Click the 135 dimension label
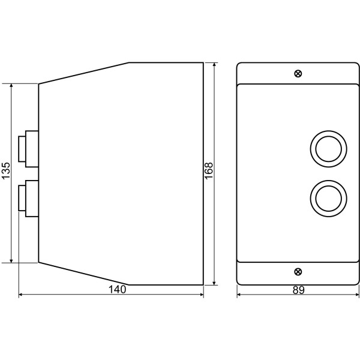coord(6,170)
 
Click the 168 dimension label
coord(209,171)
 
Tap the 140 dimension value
coord(117,290)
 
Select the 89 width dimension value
coord(298,290)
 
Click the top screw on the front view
coord(298,74)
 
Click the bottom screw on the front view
coord(298,272)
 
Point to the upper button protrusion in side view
coord(28,149)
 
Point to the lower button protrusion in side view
coord(28,199)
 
